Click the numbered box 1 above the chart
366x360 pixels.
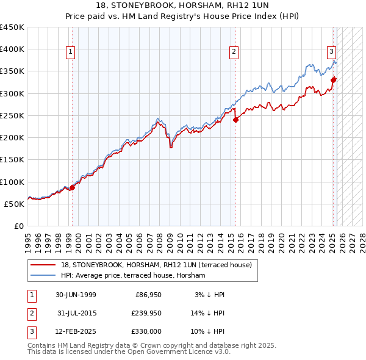point(71,52)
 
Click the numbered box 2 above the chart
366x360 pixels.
point(234,52)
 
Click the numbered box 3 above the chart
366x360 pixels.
point(331,52)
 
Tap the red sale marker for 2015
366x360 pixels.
point(235,120)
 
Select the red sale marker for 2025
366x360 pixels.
point(334,79)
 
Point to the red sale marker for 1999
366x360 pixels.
point(72,187)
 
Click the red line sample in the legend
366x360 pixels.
point(43,265)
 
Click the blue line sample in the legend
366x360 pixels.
point(43,275)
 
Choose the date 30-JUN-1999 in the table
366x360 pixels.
point(76,295)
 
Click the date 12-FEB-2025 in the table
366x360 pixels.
point(76,331)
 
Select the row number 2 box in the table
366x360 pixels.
point(31,313)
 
